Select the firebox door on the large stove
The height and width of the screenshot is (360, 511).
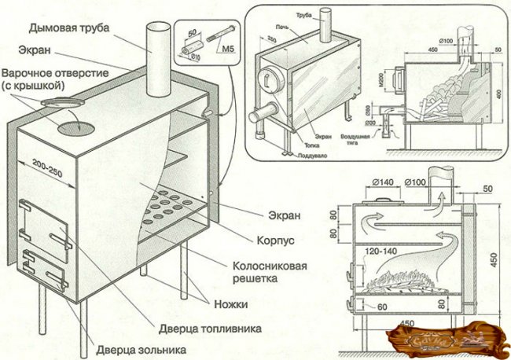click(47, 227)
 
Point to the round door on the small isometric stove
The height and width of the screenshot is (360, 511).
click(269, 80)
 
